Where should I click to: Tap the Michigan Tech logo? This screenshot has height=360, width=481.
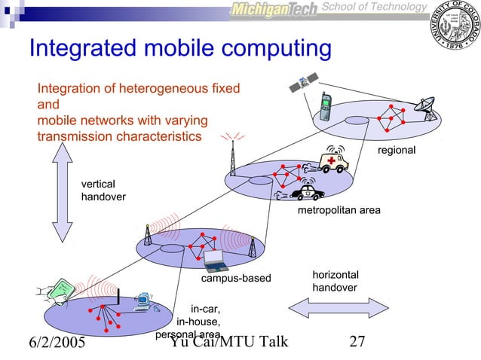(x=274, y=9)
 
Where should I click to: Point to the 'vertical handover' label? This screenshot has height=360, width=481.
(x=103, y=190)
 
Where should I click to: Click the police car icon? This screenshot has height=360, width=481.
(x=305, y=193)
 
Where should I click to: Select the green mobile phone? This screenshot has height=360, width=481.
(x=326, y=107)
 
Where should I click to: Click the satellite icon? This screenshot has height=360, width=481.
(x=308, y=84)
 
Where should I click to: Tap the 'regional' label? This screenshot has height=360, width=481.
(x=397, y=151)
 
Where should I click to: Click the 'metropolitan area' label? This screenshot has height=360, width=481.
(x=339, y=210)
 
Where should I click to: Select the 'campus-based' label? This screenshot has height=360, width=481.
(x=235, y=279)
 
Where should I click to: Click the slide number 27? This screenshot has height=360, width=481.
(x=357, y=343)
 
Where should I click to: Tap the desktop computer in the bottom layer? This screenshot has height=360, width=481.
(x=142, y=302)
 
